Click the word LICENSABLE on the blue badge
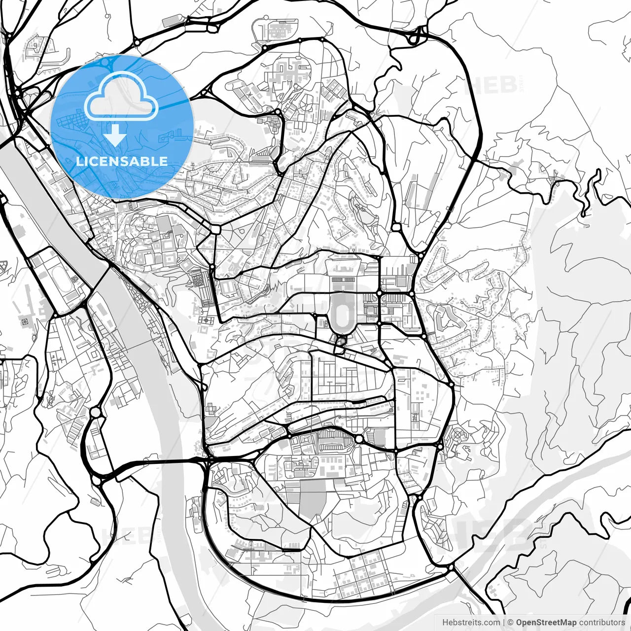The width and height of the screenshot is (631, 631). (122, 161)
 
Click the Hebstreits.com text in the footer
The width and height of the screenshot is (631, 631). (471, 623)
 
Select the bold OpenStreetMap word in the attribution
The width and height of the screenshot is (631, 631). (546, 623)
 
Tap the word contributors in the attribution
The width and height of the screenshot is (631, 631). (601, 623)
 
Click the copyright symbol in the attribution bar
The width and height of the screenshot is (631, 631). (511, 623)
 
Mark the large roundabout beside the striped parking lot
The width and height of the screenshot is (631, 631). (359, 439)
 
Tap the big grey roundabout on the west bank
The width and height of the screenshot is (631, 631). (95, 412)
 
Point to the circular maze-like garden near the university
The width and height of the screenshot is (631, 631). (198, 281)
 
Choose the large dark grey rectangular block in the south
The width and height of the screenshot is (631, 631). (313, 499)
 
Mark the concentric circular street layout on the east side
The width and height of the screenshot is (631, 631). (458, 435)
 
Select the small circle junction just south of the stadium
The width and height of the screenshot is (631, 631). (340, 341)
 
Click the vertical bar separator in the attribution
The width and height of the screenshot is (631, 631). (503, 623)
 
